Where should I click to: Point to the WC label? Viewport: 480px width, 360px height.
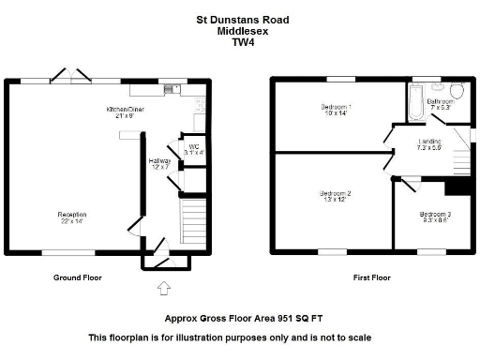point(192,148)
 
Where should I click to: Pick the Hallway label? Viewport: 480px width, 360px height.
point(159,164)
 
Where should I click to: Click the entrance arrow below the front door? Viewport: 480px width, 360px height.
point(165,287)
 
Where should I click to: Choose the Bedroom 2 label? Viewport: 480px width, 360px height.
point(336,196)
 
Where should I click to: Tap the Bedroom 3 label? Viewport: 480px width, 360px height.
point(435,217)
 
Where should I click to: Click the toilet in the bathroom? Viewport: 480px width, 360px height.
point(457,91)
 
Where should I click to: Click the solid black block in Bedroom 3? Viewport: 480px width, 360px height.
point(457,186)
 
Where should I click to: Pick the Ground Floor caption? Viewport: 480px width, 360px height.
point(78,277)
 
